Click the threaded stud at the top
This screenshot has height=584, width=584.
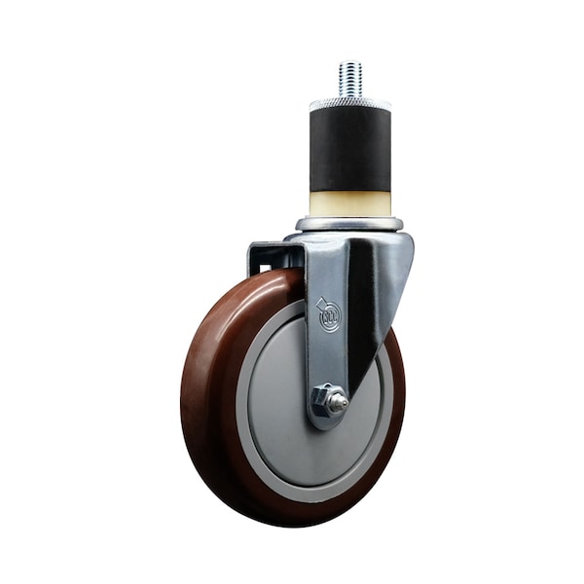click(350, 80)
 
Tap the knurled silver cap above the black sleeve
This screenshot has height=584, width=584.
click(350, 103)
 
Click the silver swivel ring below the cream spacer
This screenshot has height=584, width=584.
click(349, 224)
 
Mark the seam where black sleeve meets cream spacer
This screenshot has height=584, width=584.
click(350, 191)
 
